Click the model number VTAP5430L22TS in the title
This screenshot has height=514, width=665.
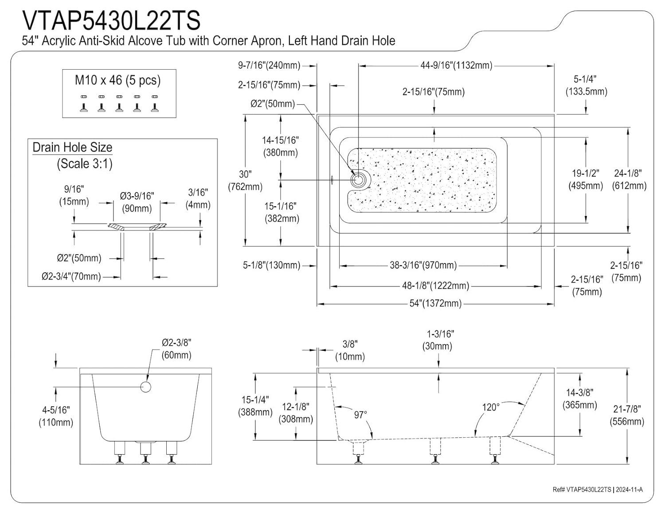click(111, 20)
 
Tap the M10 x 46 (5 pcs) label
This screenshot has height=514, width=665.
click(118, 80)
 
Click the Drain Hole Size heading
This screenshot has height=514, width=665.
click(73, 147)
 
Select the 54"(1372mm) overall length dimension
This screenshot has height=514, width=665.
click(435, 303)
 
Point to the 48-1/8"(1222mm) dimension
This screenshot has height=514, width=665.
click(435, 286)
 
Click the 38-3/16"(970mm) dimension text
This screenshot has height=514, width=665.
click(423, 265)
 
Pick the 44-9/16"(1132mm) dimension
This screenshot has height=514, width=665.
click(456, 65)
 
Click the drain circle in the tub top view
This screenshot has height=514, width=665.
click(357, 180)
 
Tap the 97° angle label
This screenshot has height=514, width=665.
click(360, 415)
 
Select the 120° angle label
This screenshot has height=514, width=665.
click(491, 407)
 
